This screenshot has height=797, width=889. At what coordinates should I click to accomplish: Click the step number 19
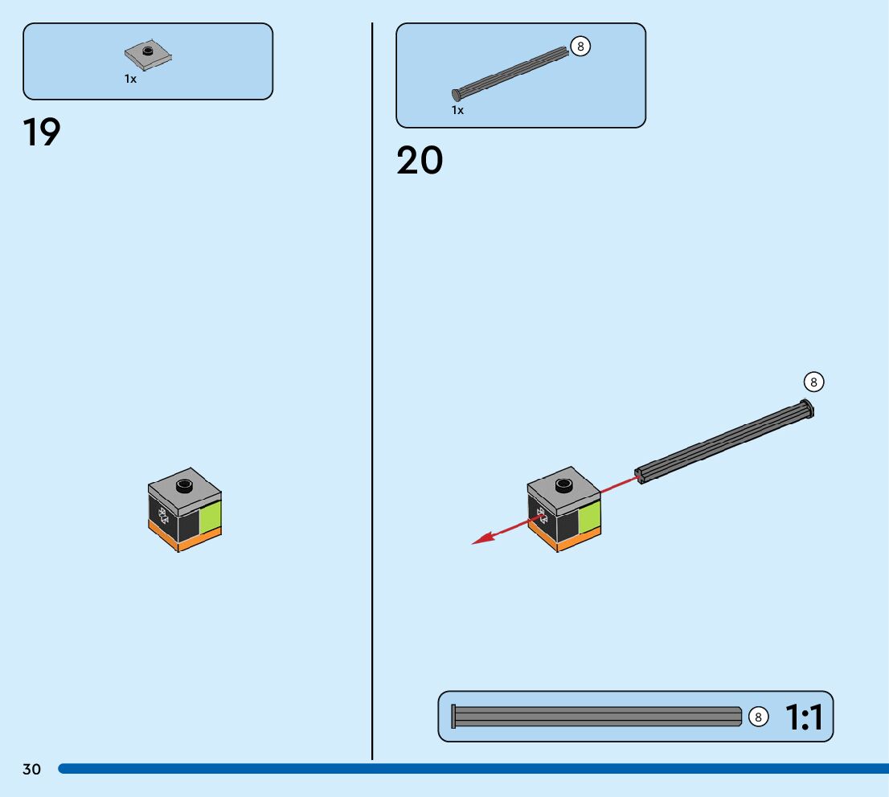pos(42,133)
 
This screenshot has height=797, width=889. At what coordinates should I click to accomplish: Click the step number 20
pos(419,161)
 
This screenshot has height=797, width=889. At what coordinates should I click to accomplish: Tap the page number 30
pos(31,770)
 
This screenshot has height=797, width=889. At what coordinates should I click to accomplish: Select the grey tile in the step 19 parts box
pos(148,55)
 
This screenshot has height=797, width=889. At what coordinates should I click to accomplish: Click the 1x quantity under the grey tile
pos(130,79)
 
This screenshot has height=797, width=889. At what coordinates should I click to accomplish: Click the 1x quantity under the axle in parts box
pos(457,110)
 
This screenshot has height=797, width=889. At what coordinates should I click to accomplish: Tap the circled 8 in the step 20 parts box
pos(580,47)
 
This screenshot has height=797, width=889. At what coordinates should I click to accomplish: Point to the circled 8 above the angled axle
pos(813,382)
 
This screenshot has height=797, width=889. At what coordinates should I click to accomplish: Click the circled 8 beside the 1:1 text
pos(758,717)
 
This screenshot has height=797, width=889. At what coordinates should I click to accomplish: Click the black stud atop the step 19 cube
pos(184,484)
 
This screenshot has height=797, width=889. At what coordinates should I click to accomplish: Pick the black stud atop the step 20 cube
pos(563,484)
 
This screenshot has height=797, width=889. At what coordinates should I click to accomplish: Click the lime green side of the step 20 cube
pos(589,518)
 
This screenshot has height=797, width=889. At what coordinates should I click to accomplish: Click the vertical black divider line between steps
pos(372,402)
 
